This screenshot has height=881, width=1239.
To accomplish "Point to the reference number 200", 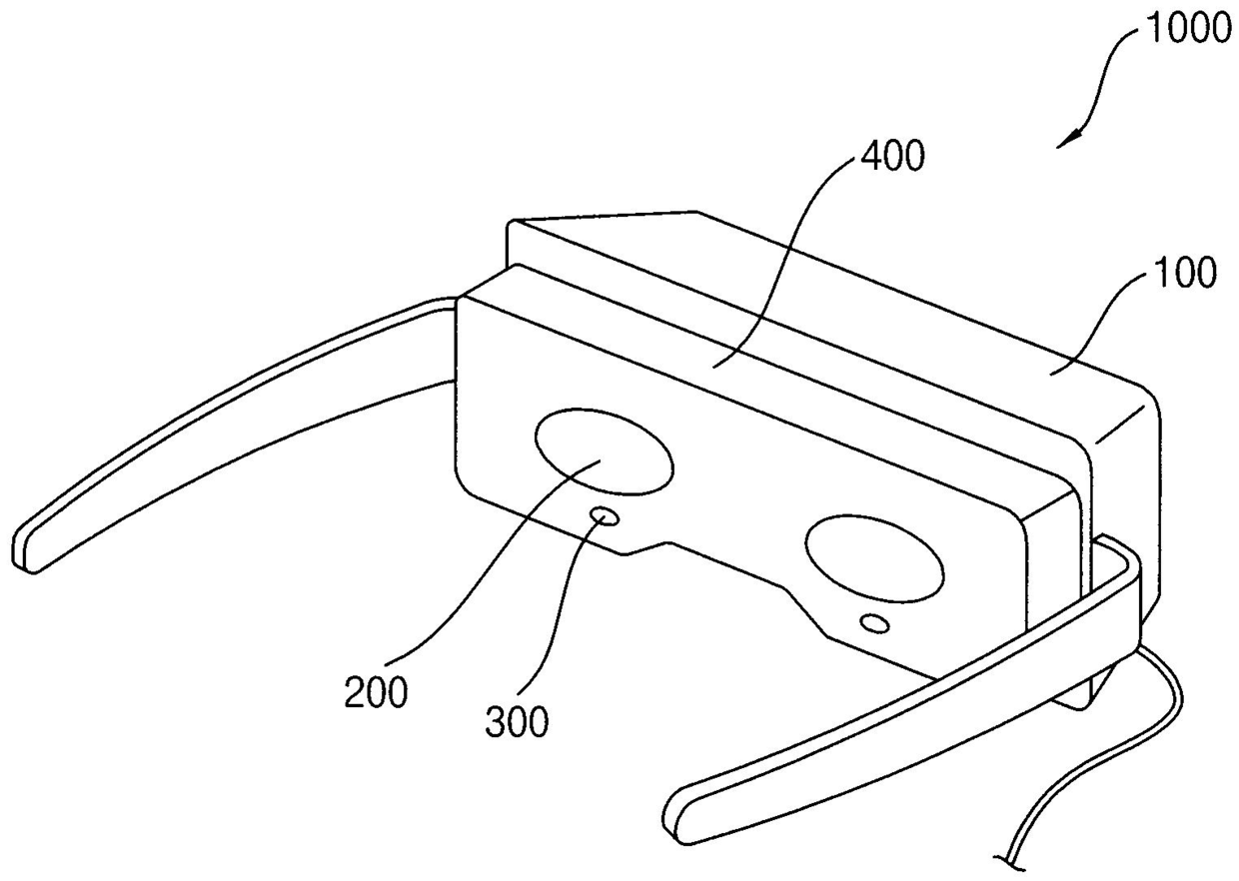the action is coord(376,692).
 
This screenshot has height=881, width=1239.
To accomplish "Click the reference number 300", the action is coord(517,720).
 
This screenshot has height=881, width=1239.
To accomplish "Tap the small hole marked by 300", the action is coord(605,517).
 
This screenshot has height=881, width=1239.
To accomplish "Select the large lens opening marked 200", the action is coord(604,451).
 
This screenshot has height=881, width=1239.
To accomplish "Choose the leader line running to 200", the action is coord(487,558).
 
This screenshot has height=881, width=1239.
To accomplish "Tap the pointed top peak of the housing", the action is coord(695,212).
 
